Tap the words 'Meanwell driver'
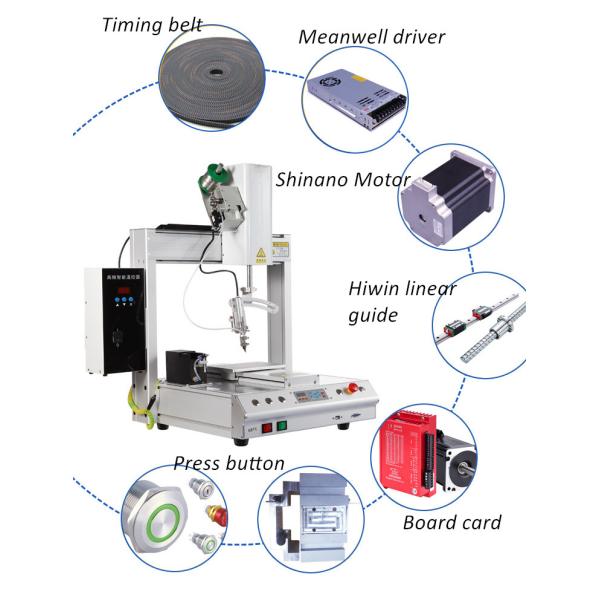click(x=372, y=38)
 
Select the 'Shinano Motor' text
click(x=343, y=180)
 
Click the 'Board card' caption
click(x=452, y=523)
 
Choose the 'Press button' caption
click(x=229, y=464)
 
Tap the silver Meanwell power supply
click(x=358, y=96)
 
